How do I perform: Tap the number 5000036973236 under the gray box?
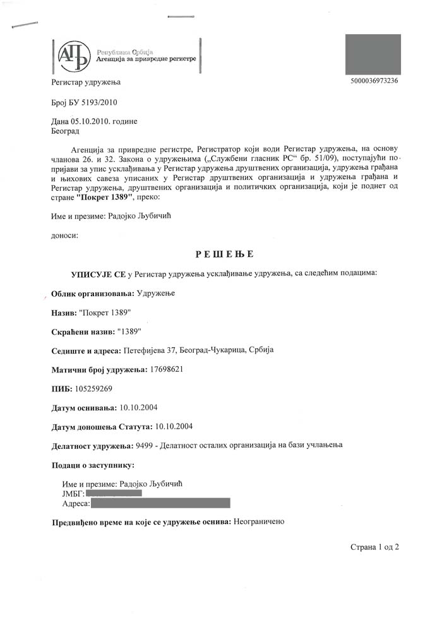click(x=373, y=81)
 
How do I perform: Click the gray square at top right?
click(x=373, y=55)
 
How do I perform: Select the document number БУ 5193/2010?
click(x=93, y=102)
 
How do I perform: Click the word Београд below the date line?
click(x=65, y=131)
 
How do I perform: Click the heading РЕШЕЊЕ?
click(x=224, y=254)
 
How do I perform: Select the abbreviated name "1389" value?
click(x=129, y=331)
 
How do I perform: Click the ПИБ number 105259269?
click(x=94, y=388)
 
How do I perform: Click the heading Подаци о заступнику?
click(x=93, y=465)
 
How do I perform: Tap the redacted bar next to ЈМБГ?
click(x=114, y=493)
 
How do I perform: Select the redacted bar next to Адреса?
click(x=161, y=503)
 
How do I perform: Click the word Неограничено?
click(x=260, y=522)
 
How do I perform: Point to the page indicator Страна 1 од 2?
click(x=375, y=547)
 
